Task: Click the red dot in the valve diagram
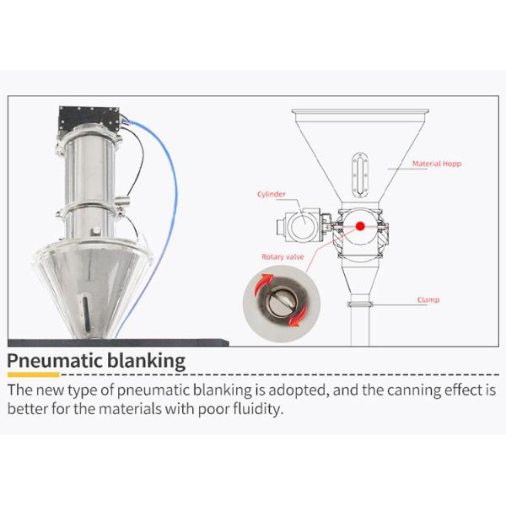pyautogui.click(x=360, y=226)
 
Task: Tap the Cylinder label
pyautogui.click(x=272, y=194)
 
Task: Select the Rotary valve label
pyautogui.click(x=283, y=257)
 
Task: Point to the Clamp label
pyautogui.click(x=428, y=299)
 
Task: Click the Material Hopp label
pyautogui.click(x=437, y=164)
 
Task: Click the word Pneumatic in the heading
pyautogui.click(x=54, y=361)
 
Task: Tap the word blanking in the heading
pyautogui.click(x=146, y=361)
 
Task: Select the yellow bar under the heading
pyautogui.click(x=34, y=374)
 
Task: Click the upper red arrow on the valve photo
pyautogui.click(x=262, y=283)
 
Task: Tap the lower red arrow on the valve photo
pyautogui.click(x=298, y=316)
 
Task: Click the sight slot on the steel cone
pyautogui.click(x=86, y=314)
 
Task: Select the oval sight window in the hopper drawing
pyautogui.click(x=359, y=175)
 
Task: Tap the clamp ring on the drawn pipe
pyautogui.click(x=360, y=304)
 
